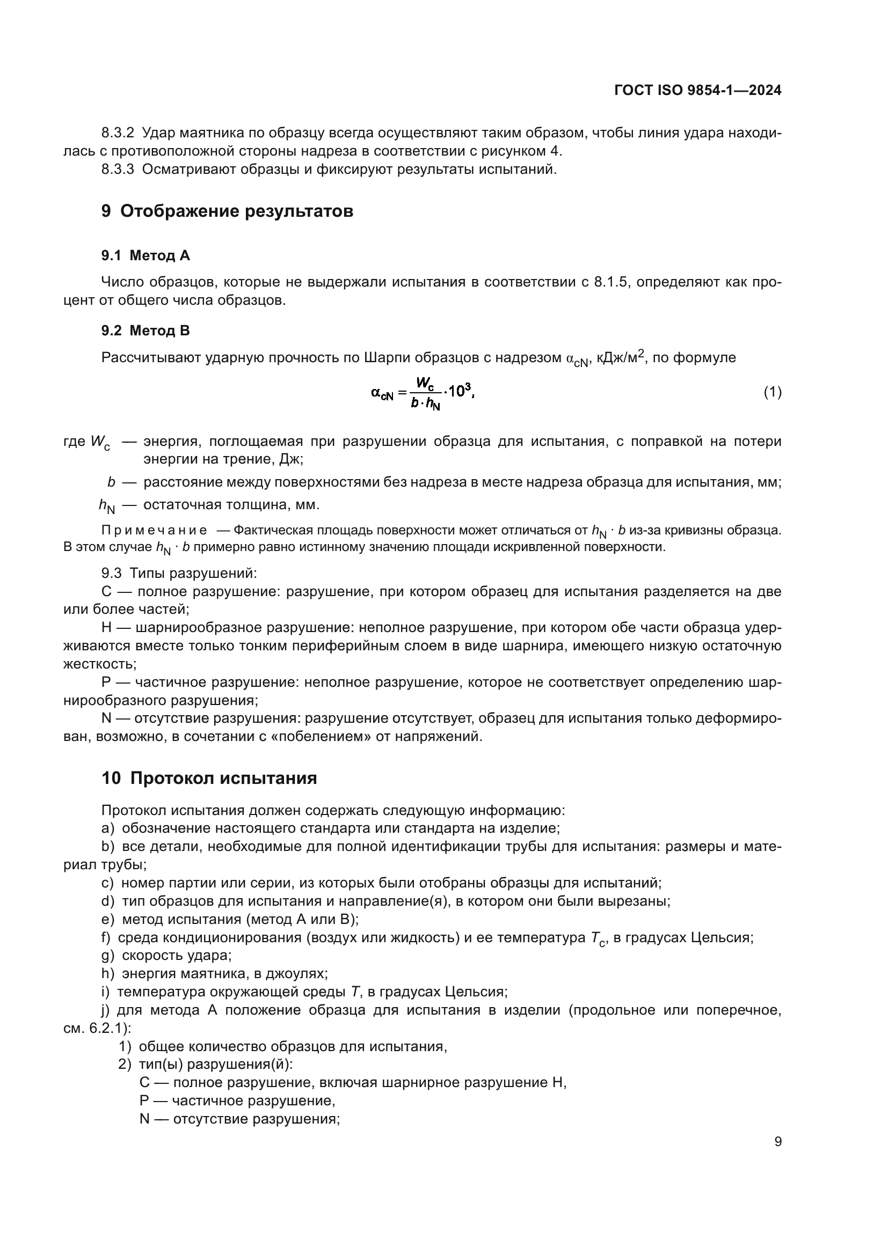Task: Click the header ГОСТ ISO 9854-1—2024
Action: (x=698, y=90)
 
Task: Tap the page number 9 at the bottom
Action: (x=777, y=1142)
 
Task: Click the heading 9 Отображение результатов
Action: (x=227, y=211)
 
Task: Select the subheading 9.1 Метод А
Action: (x=145, y=255)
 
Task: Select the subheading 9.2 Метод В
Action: (x=145, y=330)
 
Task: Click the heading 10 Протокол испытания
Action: (x=209, y=778)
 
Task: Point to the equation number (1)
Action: (x=772, y=392)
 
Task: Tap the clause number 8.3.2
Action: (x=118, y=133)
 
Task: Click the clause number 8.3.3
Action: (x=118, y=170)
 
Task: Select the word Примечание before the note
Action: (x=154, y=530)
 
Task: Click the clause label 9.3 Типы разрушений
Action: (x=179, y=574)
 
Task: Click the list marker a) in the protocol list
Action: (x=108, y=828)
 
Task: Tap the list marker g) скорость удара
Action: (x=108, y=955)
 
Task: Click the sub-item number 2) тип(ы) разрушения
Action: (x=125, y=1064)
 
